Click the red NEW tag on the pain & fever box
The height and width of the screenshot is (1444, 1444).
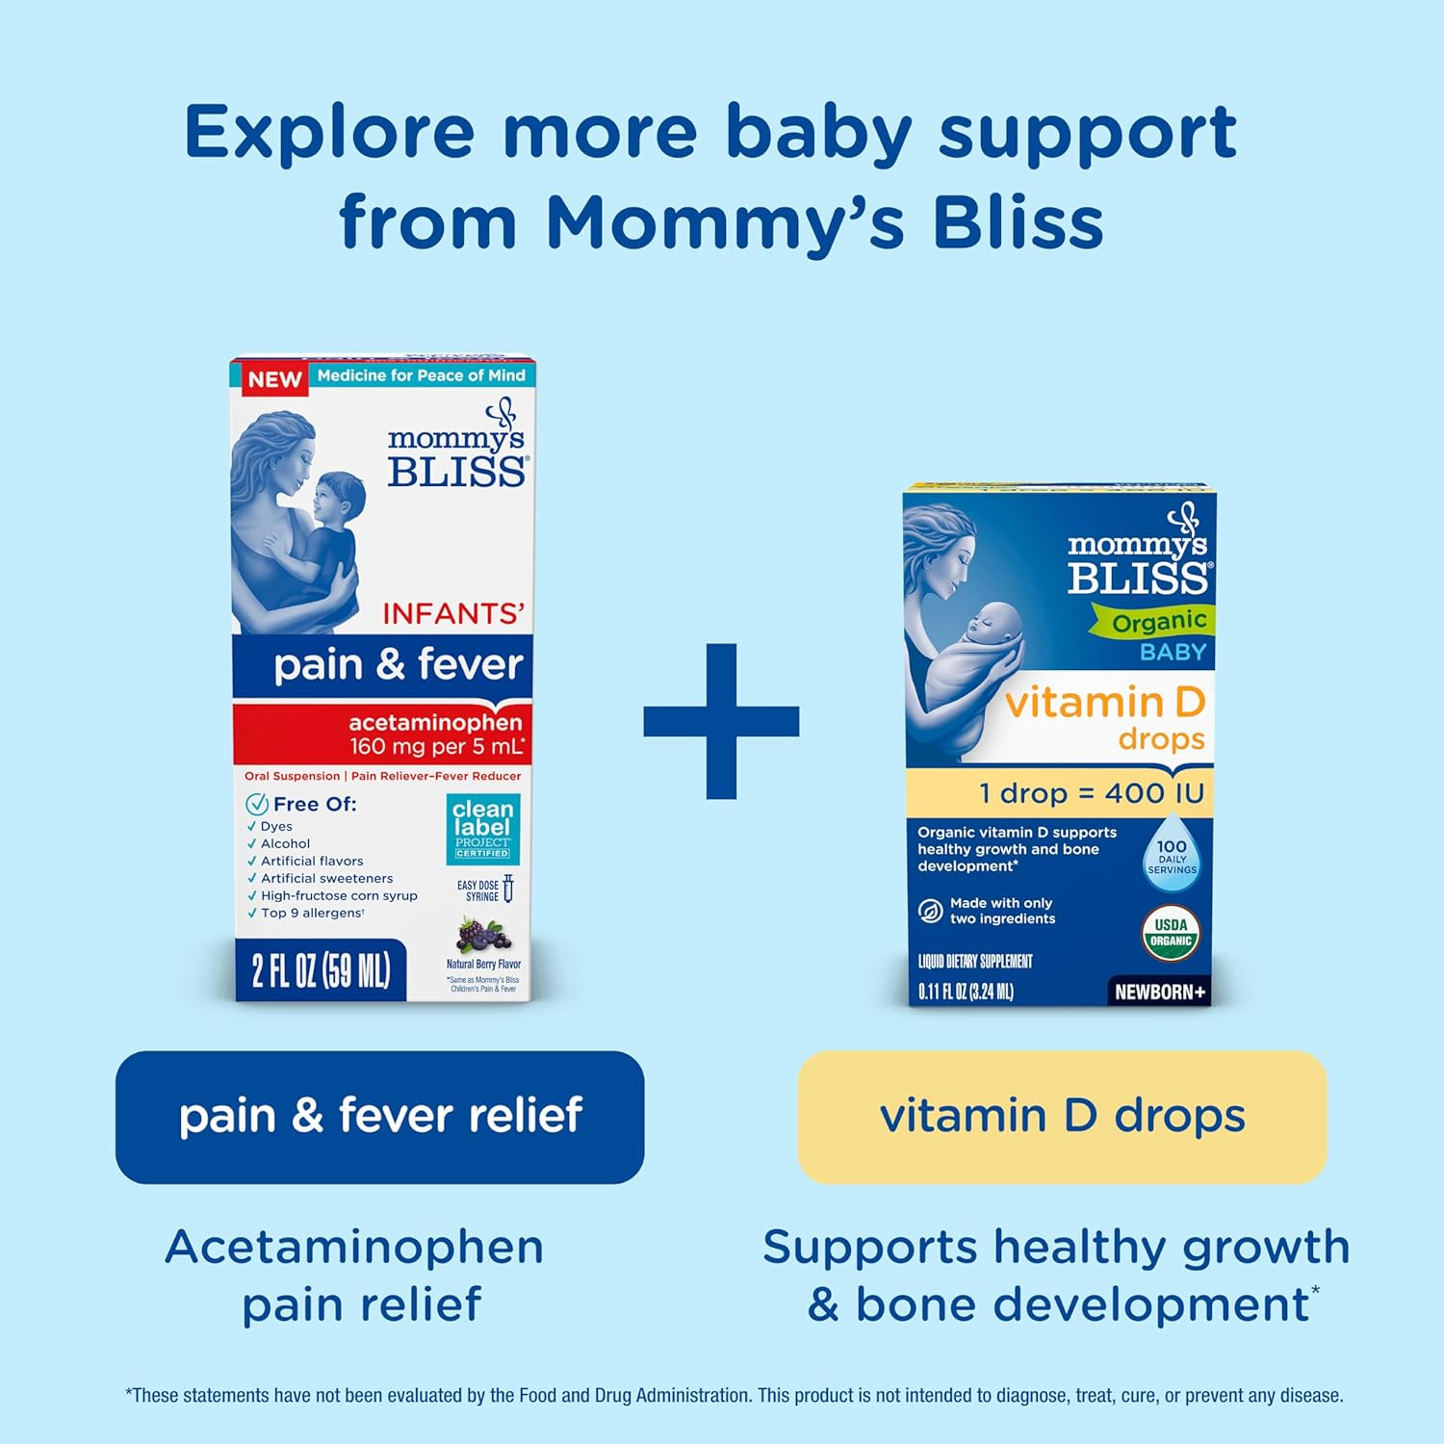(274, 379)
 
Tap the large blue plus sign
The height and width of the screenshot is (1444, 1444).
(721, 721)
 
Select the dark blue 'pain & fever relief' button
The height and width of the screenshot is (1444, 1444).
(380, 1117)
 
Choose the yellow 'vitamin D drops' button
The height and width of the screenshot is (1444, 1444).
(1063, 1117)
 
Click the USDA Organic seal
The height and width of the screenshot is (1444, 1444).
(1172, 933)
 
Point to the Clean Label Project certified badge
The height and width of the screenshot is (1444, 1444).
(482, 828)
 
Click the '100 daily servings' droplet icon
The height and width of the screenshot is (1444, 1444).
(1172, 854)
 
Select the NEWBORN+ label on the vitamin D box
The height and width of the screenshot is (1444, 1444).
(1159, 992)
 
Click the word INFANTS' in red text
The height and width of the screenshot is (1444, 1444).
(453, 614)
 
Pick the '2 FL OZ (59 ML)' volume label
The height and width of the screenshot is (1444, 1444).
(321, 970)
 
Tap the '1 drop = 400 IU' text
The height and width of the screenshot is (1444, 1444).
(1092, 793)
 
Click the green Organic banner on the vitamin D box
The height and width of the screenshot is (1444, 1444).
(1154, 622)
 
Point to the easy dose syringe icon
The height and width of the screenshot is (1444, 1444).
(508, 889)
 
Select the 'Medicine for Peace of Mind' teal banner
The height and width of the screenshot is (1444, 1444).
(422, 375)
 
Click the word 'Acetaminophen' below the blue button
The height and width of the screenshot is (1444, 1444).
(354, 1247)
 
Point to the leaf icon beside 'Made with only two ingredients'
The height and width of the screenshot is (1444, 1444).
(930, 911)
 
